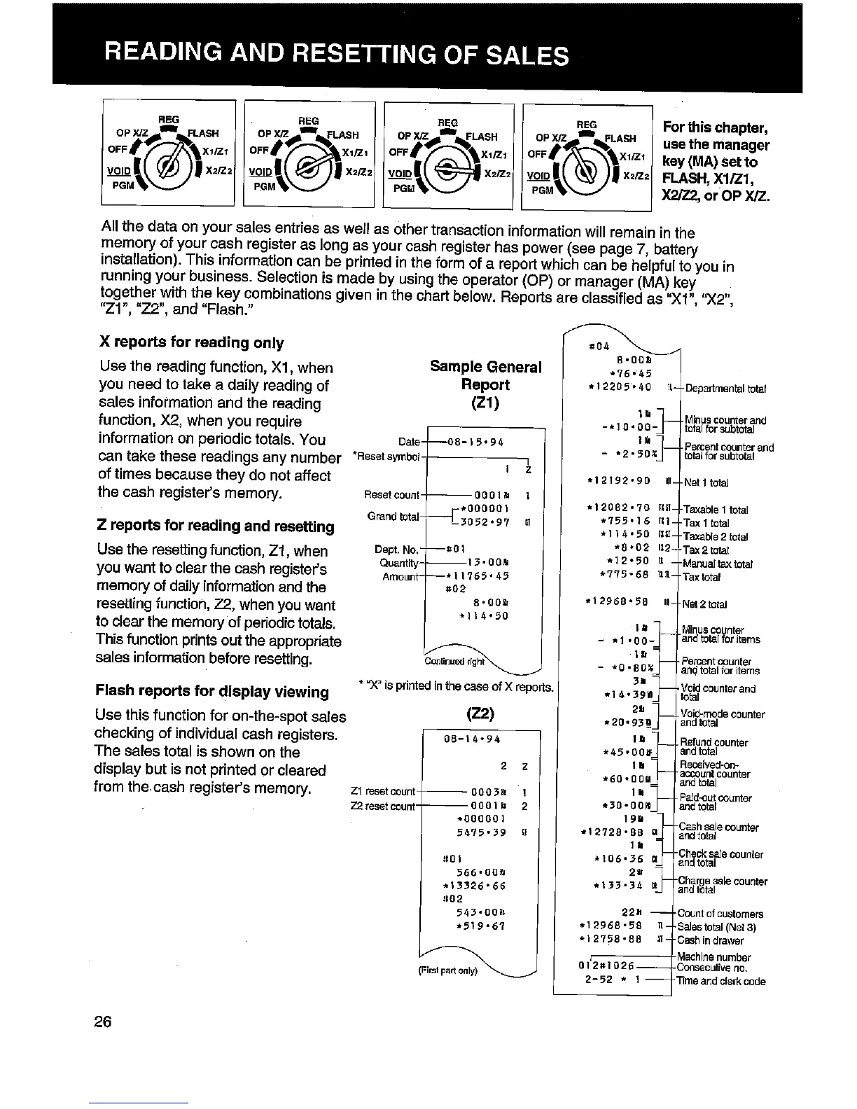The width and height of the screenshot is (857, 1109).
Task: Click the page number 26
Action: (103, 1021)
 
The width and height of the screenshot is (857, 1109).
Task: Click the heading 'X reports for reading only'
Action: (192, 342)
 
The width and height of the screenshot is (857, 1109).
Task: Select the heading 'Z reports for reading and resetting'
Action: (216, 526)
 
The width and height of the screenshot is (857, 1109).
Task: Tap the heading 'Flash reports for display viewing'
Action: (211, 692)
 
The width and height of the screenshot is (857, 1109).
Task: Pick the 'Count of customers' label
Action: (720, 914)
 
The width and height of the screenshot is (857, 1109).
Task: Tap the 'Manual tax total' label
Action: (718, 564)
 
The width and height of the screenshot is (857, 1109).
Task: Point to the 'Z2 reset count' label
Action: (381, 806)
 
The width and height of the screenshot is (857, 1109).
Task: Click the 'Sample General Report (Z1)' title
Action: (485, 385)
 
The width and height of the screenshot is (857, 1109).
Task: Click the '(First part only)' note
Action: (448, 970)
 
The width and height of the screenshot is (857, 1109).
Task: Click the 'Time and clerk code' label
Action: (721, 981)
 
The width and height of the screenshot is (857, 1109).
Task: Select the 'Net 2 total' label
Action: (705, 604)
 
